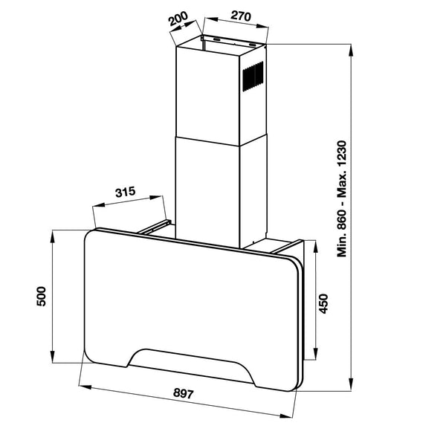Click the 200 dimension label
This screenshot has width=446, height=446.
click(178, 19)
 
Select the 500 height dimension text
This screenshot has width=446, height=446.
click(42, 296)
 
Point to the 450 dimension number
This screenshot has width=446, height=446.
click(323, 303)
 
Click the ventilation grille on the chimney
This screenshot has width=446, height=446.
click(254, 75)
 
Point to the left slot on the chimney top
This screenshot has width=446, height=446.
click(216, 38)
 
